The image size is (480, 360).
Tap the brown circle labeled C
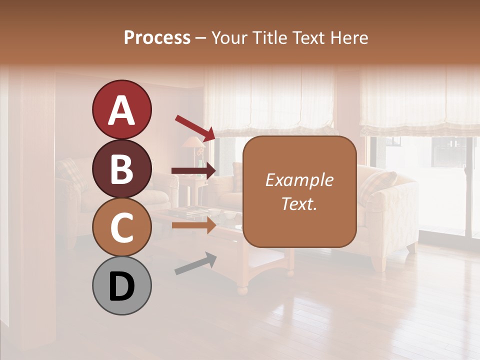121,227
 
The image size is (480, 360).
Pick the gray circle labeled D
121,285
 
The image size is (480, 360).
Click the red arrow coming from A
195,127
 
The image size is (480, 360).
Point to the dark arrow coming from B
193,170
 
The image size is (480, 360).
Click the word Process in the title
157,37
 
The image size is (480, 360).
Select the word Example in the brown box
299,180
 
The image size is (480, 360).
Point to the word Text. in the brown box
299,203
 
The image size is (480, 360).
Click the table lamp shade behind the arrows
192,142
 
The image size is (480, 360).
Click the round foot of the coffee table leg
242,290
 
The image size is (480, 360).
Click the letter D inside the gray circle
121,286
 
